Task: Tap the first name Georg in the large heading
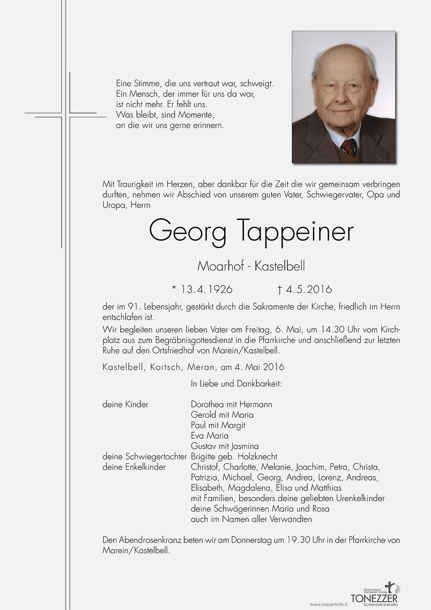click(188, 231)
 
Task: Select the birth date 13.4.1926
click(206, 289)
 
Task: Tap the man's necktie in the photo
click(349, 146)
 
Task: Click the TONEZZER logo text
click(374, 598)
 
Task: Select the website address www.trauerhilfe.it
click(329, 605)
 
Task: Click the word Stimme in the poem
click(147, 83)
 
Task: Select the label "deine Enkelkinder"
click(134, 467)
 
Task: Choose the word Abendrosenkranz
click(150, 540)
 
